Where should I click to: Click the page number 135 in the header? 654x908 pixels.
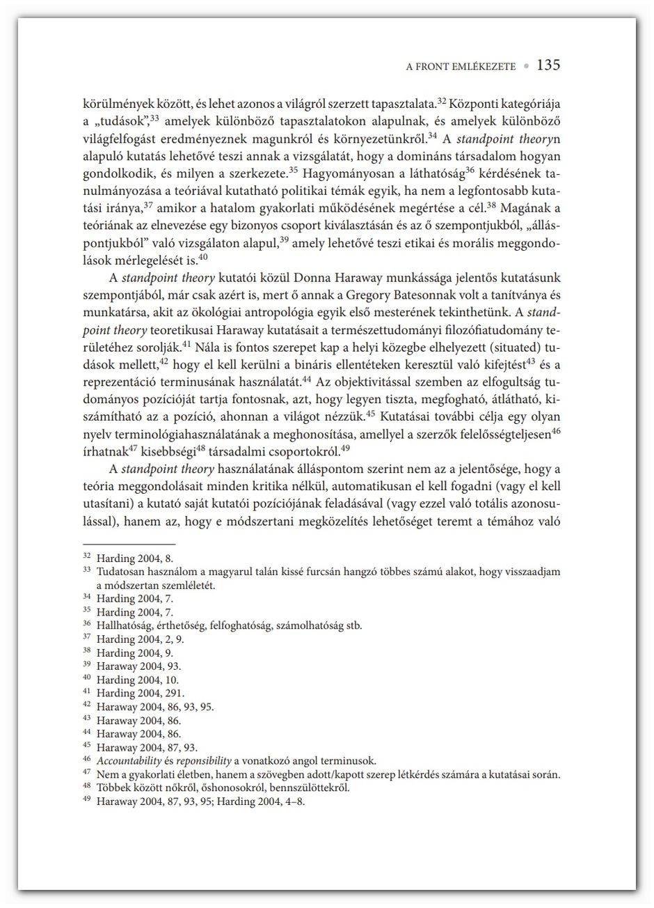click(548, 66)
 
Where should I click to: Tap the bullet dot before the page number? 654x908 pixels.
click(526, 67)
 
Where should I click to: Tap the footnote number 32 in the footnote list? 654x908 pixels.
click(87, 557)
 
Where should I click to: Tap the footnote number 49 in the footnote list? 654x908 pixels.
click(87, 801)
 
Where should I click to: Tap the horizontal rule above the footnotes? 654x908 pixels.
click(129, 545)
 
